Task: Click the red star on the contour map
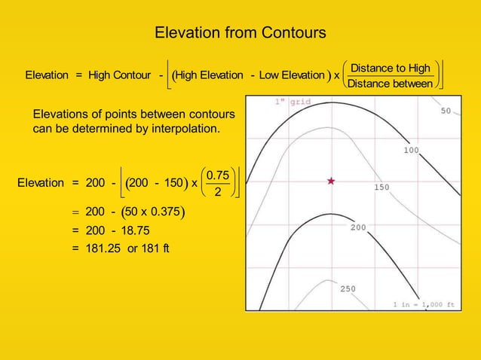pos(330,181)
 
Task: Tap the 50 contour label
pos(446,111)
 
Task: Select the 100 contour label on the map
pos(411,151)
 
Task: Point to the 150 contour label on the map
pos(382,188)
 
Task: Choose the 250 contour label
pos(348,288)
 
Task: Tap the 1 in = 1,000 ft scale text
pos(424,304)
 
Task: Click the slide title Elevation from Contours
pos(240,33)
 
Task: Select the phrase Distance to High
pos(391,69)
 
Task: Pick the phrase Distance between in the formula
pos(391,84)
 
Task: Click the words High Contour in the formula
pos(119,75)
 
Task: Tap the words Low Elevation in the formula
pos(291,75)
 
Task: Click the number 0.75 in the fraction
pos(218,175)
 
